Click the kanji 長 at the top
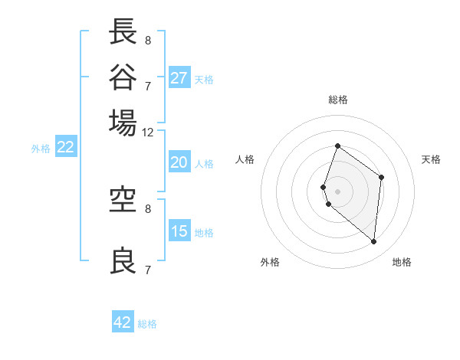tap(123, 33)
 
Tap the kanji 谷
tap(123, 77)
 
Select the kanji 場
tap(123, 123)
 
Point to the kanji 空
tap(123, 200)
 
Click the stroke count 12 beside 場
tap(148, 132)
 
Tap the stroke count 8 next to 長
tap(147, 40)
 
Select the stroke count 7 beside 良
tap(147, 270)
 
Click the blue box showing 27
tap(179, 78)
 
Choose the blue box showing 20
tap(179, 162)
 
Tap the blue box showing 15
tap(179, 231)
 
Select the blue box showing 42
tap(123, 322)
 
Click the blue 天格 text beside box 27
tap(204, 79)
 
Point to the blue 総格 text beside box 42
tap(147, 324)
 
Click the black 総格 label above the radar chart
tap(337, 100)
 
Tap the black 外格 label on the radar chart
tap(270, 262)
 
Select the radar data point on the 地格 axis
tap(373, 241)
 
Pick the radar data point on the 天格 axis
tap(381, 178)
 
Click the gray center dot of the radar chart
tap(337, 191)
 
